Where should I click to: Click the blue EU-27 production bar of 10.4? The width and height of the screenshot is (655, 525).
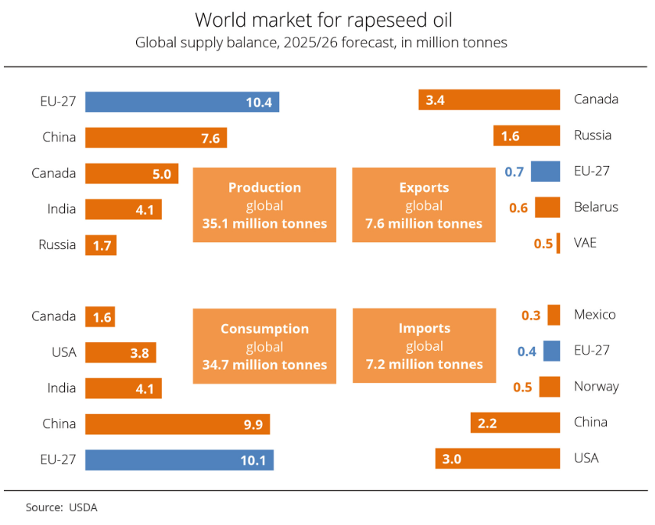[x=182, y=102]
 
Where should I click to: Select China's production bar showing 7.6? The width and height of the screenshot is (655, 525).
[x=156, y=138]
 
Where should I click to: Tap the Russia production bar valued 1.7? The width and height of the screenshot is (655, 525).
[x=101, y=245]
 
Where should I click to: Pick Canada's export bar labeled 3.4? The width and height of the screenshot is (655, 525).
[x=489, y=99]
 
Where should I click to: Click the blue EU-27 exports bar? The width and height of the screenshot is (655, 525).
[x=546, y=171]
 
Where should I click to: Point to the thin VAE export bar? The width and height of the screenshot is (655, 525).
[x=559, y=243]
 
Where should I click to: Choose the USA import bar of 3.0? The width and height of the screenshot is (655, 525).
[x=498, y=459]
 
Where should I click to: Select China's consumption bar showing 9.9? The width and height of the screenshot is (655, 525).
[x=177, y=424]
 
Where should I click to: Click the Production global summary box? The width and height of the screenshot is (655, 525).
[x=264, y=205]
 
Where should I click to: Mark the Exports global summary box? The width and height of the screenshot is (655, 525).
[x=423, y=205]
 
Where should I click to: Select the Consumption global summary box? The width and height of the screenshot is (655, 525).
[x=264, y=346]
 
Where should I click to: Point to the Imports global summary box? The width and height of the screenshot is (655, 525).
[x=423, y=346]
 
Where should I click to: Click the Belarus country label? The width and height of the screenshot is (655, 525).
[x=596, y=207]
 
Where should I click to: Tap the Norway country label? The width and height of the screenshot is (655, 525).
[x=596, y=387]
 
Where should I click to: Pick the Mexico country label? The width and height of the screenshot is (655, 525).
[x=595, y=315]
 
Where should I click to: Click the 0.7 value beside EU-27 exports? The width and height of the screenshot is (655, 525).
[x=514, y=172]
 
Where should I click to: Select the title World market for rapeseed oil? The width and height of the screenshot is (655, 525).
[x=328, y=19]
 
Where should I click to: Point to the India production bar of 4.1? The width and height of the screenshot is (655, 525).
[x=123, y=209]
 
